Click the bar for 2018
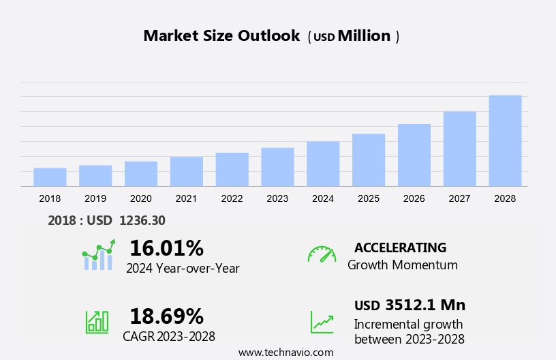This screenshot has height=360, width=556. click(50, 177)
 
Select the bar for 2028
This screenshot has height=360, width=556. click(505, 141)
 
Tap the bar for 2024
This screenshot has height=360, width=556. click(323, 164)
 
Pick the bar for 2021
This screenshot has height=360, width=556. click(187, 172)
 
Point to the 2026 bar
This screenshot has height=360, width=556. click(414, 155)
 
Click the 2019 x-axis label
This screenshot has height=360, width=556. click(95, 198)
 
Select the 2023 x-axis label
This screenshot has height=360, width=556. click(277, 198)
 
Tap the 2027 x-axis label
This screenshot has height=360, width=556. click(459, 198)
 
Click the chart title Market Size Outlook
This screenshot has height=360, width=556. click(221, 36)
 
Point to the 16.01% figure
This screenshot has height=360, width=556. click(166, 247)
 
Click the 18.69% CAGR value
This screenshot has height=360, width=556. click(166, 316)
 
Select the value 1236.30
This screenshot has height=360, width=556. click(142, 220)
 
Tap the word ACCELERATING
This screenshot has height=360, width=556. click(400, 247)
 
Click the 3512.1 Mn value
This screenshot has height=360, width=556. click(424, 305)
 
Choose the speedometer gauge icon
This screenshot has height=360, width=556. click(322, 254)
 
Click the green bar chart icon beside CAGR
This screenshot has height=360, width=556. click(97, 321)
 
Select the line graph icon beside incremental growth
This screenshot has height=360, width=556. click(322, 321)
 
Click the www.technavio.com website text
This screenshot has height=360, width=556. click(285, 352)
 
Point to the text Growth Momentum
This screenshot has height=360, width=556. click(402, 265)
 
